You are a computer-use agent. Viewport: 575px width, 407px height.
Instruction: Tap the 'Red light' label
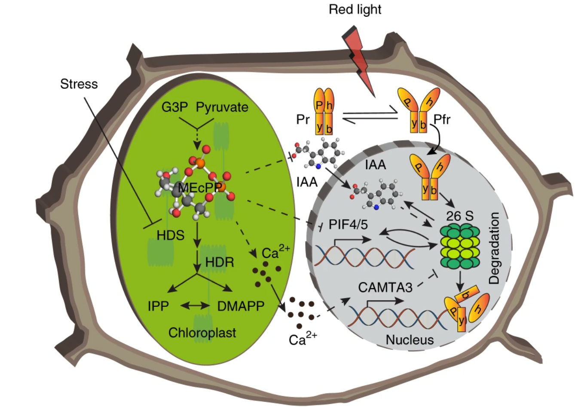[x=355, y=9]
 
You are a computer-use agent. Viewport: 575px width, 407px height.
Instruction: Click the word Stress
[x=79, y=84]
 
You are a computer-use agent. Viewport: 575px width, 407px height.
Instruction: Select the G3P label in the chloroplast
[x=174, y=107]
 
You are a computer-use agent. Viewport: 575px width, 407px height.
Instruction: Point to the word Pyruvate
[x=222, y=107]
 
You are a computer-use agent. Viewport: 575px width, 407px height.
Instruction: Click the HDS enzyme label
[x=170, y=235]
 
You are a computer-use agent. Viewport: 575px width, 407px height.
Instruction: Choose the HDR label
[x=220, y=262]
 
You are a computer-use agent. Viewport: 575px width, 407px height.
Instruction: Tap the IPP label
[x=158, y=306]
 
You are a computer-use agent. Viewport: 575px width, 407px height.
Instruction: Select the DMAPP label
[x=241, y=306]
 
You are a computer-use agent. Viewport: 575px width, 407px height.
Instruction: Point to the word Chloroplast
[x=202, y=333]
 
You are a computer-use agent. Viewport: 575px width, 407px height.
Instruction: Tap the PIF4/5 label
[x=348, y=224]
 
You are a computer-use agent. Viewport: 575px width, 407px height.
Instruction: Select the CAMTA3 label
[x=385, y=287]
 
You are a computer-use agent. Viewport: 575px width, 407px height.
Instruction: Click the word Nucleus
[x=410, y=340]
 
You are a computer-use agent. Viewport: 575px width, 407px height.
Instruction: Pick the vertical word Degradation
[x=495, y=248]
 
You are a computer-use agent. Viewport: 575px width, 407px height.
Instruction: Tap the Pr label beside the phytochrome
[x=303, y=119]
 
